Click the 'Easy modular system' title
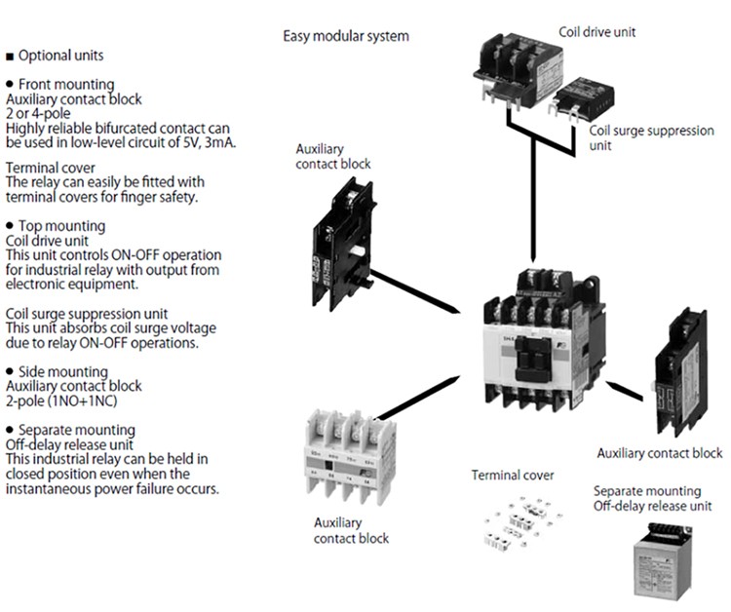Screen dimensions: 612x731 point(346,37)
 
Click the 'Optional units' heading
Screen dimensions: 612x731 point(60,56)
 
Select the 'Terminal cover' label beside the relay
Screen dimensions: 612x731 point(513,476)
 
